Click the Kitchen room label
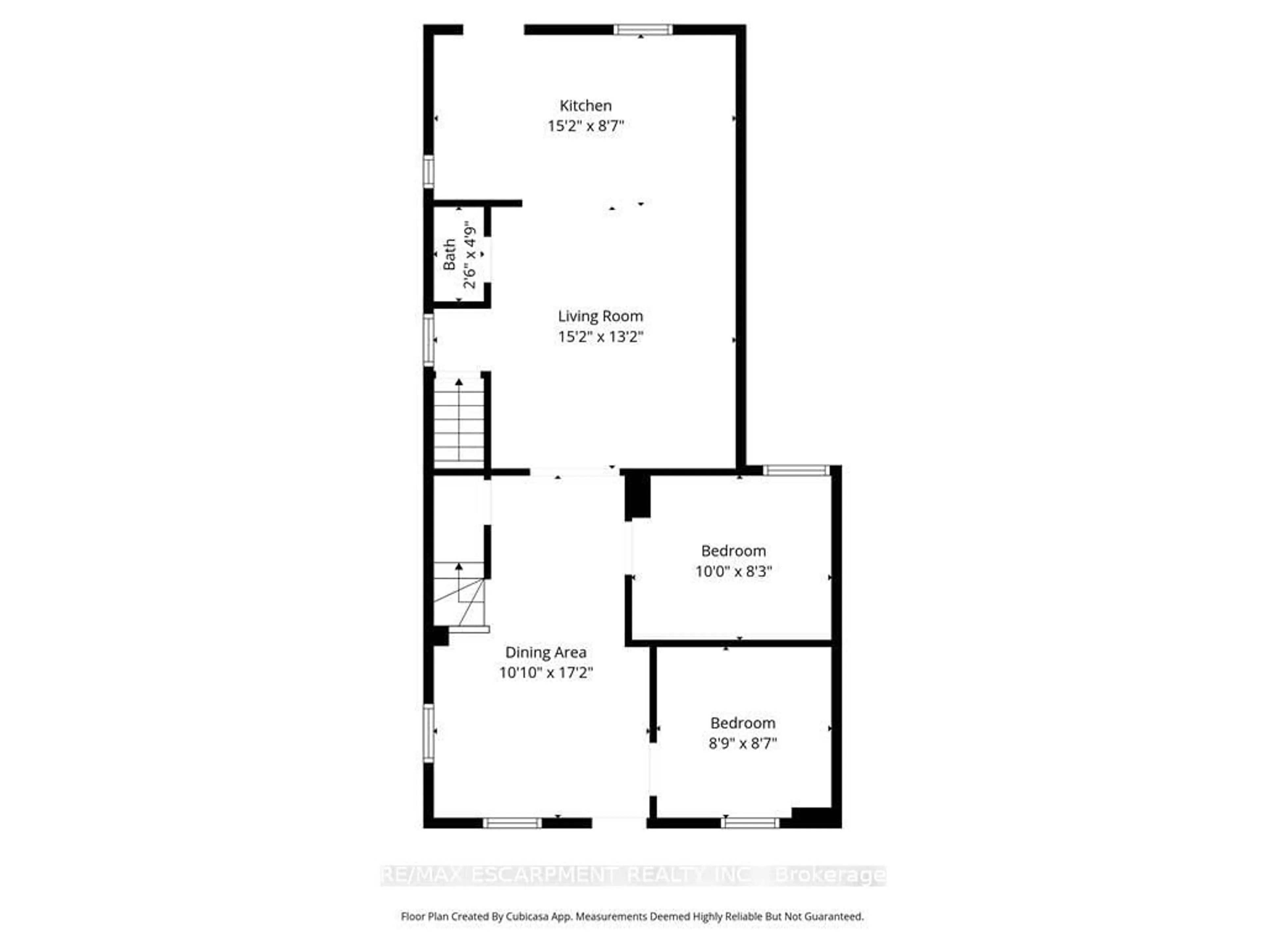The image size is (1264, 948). pos(585,106)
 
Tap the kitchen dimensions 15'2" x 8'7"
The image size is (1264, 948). pos(585,126)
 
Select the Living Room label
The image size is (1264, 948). pos(600,316)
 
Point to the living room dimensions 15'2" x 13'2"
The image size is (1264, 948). pos(600,336)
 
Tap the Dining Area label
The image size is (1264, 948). pos(545,652)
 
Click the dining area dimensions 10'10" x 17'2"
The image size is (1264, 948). pos(545,672)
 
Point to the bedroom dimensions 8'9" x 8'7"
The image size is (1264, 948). pos(742,744)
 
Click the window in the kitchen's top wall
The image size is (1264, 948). pos(643,30)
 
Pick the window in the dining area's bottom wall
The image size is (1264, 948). pos(512,823)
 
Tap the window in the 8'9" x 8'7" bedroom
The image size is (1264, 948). pos(750,823)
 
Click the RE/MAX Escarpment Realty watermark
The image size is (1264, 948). pos(633,875)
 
